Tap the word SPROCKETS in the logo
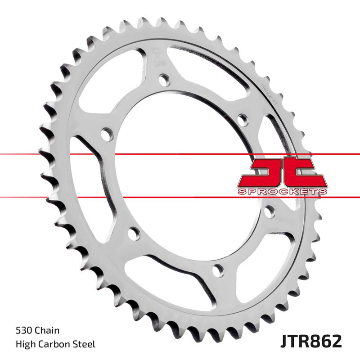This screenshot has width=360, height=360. (x=282, y=192)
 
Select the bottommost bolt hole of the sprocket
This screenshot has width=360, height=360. (x=218, y=270)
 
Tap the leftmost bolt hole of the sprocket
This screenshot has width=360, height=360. (x=107, y=134)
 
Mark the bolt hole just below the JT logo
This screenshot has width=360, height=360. (x=270, y=211)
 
